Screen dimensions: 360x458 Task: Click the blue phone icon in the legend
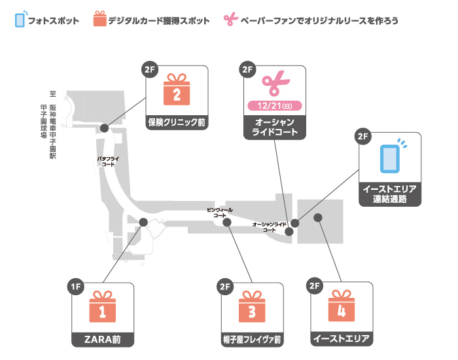click(20, 20)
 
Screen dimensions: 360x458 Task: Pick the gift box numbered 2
click(177, 91)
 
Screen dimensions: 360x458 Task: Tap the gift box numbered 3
click(251, 309)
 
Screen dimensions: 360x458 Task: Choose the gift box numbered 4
click(341, 309)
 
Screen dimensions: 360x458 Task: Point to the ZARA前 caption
click(102, 339)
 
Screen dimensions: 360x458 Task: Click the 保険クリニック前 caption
click(177, 122)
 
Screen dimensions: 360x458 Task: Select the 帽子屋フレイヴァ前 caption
click(251, 339)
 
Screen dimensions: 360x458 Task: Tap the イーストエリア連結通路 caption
click(390, 194)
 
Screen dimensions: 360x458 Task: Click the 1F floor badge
click(77, 285)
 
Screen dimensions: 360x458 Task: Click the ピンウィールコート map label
click(219, 211)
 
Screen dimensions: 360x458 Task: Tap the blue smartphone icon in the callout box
click(391, 158)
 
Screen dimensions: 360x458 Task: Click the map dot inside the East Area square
click(318, 217)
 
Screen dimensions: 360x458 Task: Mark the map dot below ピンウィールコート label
click(227, 223)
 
